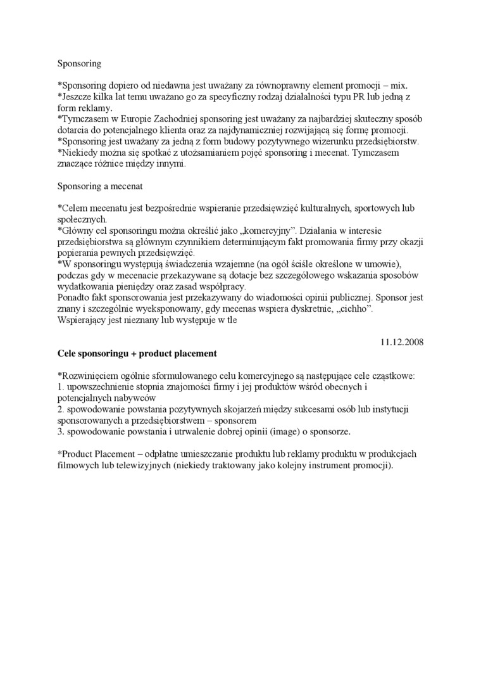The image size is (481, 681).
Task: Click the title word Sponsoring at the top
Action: point(79,64)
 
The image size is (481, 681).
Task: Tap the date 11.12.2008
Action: point(402,342)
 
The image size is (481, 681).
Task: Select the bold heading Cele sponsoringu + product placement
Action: point(137,353)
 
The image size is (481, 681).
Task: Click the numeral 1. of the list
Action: point(61,386)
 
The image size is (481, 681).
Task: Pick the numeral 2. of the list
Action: point(61,409)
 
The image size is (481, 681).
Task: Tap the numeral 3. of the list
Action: point(61,431)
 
